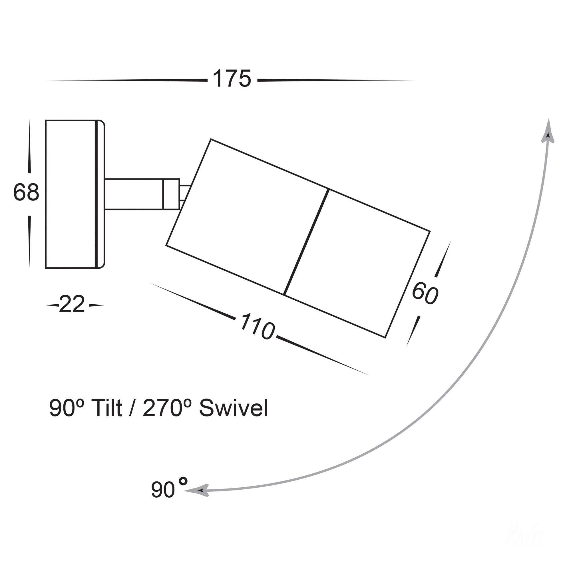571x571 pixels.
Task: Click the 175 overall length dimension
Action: coord(232,79)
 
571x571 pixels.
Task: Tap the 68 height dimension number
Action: coord(26,192)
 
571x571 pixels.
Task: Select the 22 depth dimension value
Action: coord(72,305)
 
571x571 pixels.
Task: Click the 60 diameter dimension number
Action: coord(425,293)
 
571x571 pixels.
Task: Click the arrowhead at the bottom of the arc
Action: coord(198,490)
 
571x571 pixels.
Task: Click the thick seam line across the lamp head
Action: coord(306,242)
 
